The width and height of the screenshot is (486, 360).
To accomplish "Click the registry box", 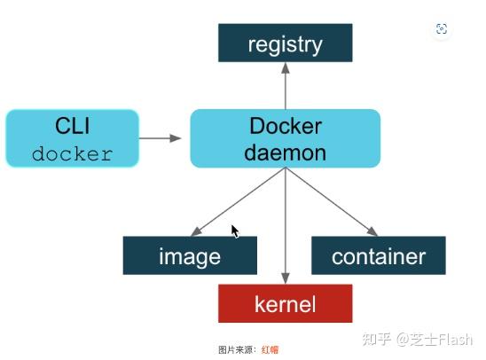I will (x=285, y=43).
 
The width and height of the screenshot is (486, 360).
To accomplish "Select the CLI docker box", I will (x=72, y=138).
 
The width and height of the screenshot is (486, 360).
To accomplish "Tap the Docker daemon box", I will (x=285, y=138).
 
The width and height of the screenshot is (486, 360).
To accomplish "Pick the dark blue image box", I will (x=190, y=256).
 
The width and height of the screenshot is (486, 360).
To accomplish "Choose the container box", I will (x=378, y=256).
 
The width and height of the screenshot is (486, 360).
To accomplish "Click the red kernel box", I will (x=285, y=304).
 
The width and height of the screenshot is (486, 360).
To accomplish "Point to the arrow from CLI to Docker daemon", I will (x=161, y=138).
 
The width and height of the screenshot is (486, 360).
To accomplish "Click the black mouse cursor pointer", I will (x=235, y=231).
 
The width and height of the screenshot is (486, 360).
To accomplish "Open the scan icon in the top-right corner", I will (x=442, y=29).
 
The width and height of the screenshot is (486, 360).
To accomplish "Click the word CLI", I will (x=73, y=125).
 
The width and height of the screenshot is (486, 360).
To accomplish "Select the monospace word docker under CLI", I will (x=72, y=153).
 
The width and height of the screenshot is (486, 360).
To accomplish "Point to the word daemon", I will (x=286, y=153).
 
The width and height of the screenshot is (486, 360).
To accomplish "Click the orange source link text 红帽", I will (x=270, y=349).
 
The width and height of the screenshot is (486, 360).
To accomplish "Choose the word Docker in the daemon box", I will (x=286, y=125).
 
